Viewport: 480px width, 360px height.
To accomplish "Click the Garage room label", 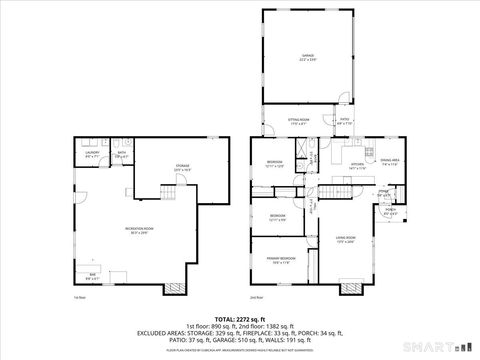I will (x=308, y=56).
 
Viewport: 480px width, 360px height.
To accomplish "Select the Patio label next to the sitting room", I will (x=344, y=120).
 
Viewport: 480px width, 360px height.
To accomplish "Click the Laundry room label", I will (x=91, y=153).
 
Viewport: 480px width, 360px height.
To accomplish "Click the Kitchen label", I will (x=357, y=165).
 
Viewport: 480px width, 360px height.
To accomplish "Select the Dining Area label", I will (x=390, y=160).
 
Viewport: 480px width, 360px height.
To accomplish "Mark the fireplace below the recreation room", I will (x=175, y=289).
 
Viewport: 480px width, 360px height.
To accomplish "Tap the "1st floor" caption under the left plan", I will (x=79, y=297).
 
